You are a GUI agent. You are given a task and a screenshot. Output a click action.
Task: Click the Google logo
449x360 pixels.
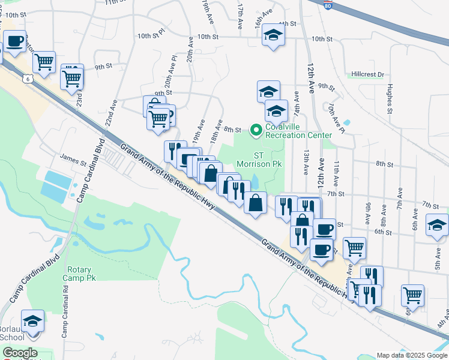tap(20, 352)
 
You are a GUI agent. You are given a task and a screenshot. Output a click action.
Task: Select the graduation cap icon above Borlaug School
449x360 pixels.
tap(33, 321)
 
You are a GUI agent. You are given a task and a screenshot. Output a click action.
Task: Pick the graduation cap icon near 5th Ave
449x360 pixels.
tap(437, 226)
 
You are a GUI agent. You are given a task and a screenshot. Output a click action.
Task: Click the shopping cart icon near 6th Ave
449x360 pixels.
tap(413, 295)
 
